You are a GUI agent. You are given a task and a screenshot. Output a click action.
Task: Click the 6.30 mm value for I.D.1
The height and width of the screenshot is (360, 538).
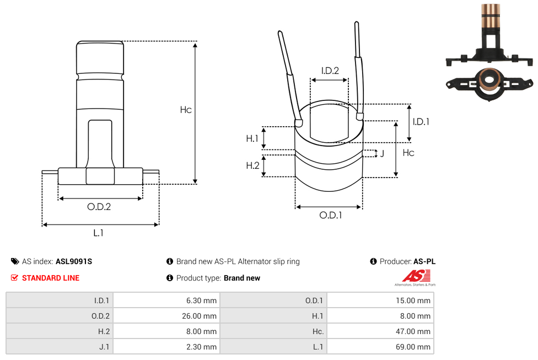pyautogui.click(x=201, y=300)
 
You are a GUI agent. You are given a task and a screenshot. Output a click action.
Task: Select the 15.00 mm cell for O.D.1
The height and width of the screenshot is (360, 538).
pyautogui.click(x=413, y=300)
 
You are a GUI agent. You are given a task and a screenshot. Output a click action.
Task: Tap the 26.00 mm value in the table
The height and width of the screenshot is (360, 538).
pyautogui.click(x=200, y=316)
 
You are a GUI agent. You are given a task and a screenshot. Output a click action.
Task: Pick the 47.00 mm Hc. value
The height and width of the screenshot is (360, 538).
pyautogui.click(x=413, y=331)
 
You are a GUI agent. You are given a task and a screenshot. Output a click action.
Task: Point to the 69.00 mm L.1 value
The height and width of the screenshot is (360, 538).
pyautogui.click(x=413, y=347)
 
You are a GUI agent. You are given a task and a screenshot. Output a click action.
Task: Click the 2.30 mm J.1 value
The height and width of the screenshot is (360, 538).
pyautogui.click(x=201, y=347)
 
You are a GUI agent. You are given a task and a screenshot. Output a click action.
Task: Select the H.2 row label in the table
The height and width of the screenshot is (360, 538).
pyautogui.click(x=104, y=331)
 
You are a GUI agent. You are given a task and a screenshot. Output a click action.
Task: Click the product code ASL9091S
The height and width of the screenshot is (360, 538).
pyautogui.click(x=74, y=261)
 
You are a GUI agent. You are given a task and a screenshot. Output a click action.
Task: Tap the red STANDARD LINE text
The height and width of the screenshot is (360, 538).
pyautogui.click(x=51, y=278)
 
